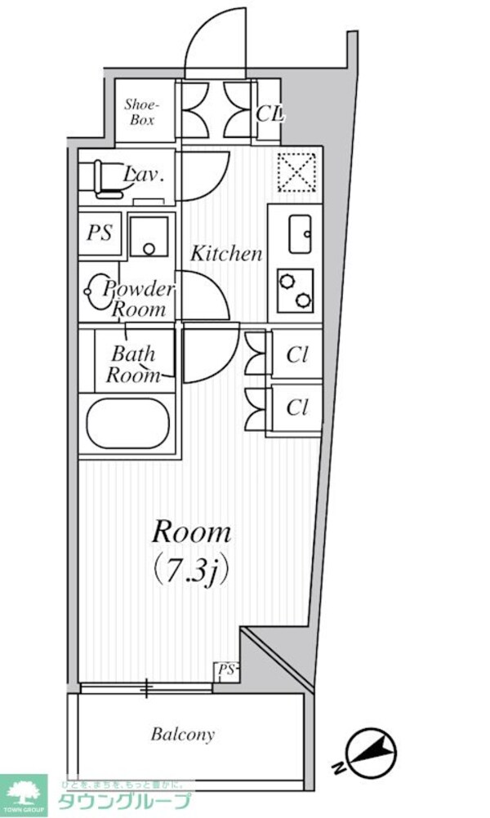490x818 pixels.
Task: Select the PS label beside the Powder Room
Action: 100,232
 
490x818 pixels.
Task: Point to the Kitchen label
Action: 226,254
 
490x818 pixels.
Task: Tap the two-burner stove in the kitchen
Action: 295,291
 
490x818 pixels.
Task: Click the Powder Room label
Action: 139,300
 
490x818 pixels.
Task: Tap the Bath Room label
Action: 134,365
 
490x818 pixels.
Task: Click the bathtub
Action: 127,423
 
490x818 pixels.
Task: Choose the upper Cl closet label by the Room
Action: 296,355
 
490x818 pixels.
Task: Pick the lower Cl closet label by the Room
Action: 296,407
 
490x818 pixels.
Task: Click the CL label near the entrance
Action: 269,113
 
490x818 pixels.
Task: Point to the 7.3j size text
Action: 192,568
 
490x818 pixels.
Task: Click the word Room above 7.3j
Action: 192,533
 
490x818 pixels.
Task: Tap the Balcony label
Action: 183,734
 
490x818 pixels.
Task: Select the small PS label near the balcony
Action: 226,670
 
